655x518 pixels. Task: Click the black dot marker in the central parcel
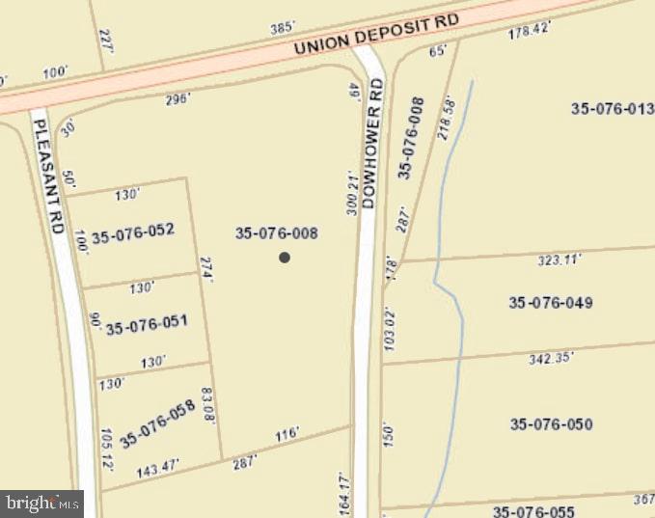coord(285,257)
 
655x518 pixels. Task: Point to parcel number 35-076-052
coord(132,231)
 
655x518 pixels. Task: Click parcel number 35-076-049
coord(551,303)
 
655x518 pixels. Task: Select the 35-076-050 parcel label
coord(551,424)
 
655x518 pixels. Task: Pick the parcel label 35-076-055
coord(533,511)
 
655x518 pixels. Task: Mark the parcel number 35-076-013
coord(613,109)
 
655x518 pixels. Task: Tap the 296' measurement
coord(177,98)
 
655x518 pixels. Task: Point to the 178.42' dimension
coord(529,30)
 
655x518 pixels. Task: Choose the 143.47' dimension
coord(158,471)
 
